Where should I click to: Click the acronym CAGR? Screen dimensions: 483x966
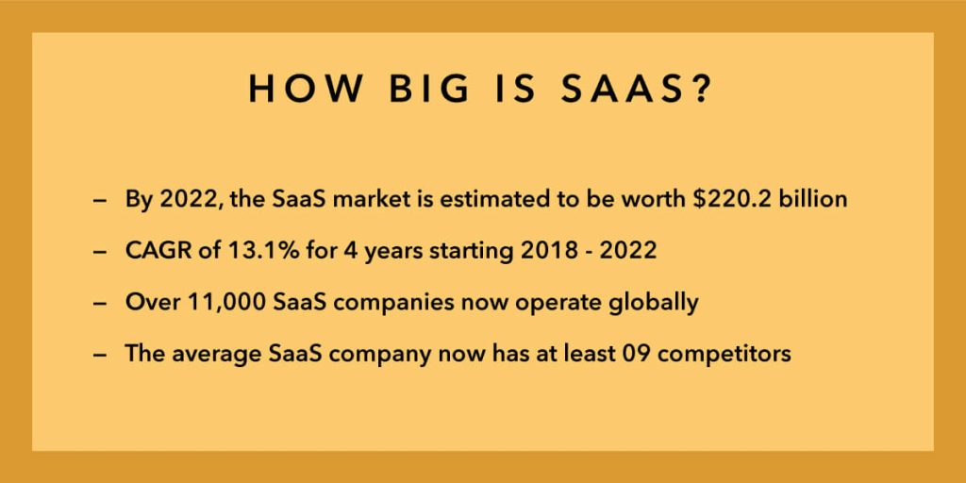pyautogui.click(x=153, y=253)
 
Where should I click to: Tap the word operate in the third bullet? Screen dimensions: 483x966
pyautogui.click(x=560, y=304)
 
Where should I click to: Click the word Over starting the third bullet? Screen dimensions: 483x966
pyautogui.click(x=146, y=304)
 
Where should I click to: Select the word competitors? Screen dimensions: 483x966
pyautogui.click(x=740, y=356)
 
